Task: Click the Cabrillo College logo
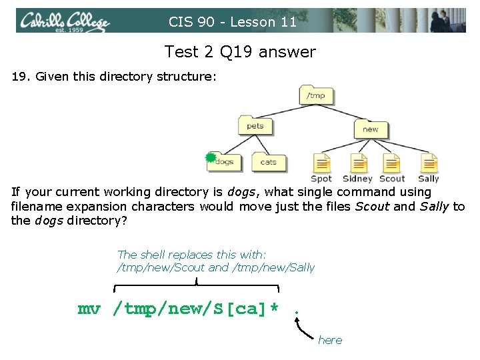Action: [64, 21]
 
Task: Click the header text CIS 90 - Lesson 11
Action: [233, 22]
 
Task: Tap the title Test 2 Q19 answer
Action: [240, 51]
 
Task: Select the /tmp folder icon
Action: [315, 95]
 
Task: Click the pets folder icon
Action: [255, 126]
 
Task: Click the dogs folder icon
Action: [225, 161]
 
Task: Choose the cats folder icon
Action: [268, 162]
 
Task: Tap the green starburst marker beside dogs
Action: [211, 158]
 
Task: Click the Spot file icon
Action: [321, 163]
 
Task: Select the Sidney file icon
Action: [358, 163]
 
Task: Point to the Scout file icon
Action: [392, 163]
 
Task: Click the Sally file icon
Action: [429, 163]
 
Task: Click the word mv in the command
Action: [89, 309]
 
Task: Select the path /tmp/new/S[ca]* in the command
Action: [196, 309]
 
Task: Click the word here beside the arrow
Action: [330, 340]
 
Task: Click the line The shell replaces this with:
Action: [191, 255]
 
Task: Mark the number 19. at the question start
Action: [21, 77]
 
